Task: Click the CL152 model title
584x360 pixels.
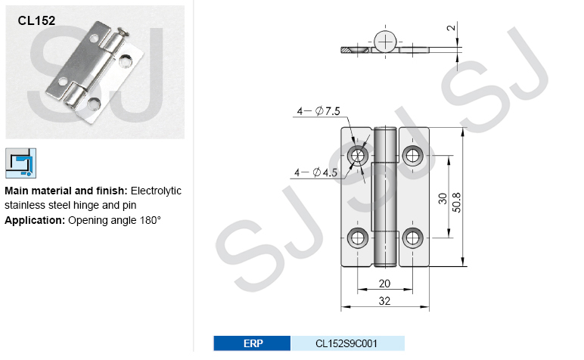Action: coord(36,21)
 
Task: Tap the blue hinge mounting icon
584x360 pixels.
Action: coord(20,163)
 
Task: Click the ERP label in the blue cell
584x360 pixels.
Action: coord(253,343)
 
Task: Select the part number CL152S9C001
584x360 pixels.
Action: coord(346,343)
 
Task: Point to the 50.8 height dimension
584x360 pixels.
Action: coord(456,197)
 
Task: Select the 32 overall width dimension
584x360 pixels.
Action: coord(385,301)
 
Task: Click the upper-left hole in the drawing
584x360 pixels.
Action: coord(358,156)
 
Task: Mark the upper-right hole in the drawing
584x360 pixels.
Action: coord(412,156)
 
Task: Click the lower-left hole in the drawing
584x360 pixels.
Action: coord(358,237)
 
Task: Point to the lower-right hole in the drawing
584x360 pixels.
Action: coord(412,237)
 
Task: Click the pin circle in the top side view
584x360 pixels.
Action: coord(385,41)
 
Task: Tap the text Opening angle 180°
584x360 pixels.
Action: coord(115,220)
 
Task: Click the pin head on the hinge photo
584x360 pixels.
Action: coord(123,33)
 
